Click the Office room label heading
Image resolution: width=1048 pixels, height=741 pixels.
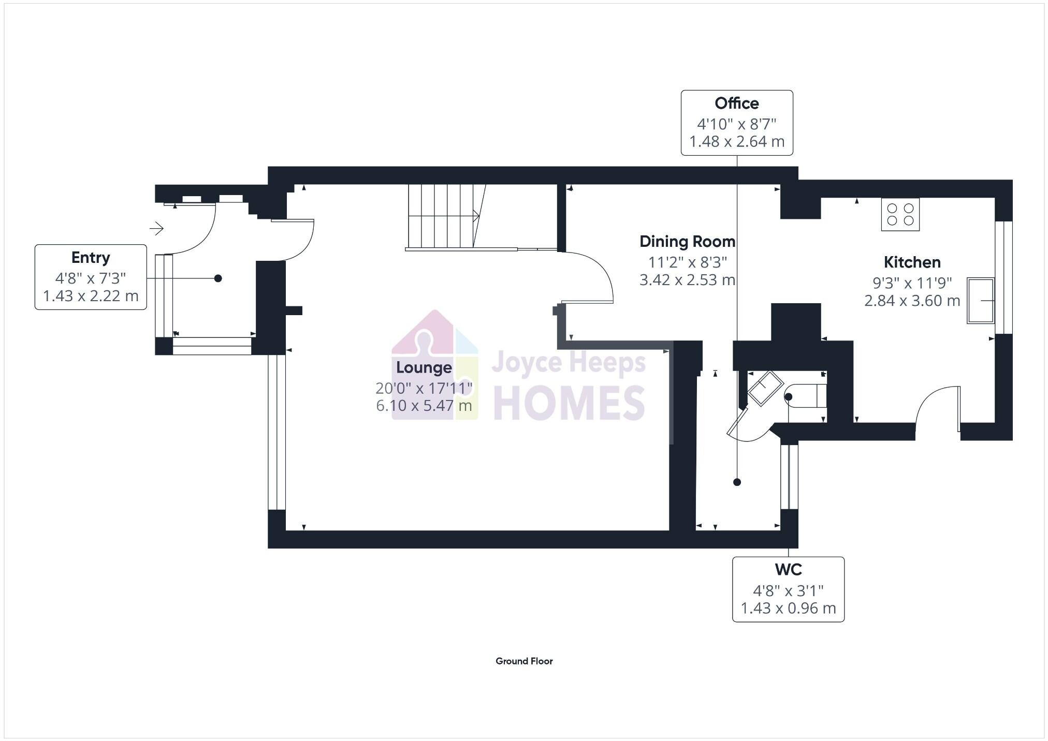tap(736, 103)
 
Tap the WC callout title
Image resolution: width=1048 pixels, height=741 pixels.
tap(788, 570)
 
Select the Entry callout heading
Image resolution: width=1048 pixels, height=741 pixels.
tap(91, 258)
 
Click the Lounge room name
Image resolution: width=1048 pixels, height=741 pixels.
tap(424, 368)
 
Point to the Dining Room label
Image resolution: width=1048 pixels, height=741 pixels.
tap(687, 242)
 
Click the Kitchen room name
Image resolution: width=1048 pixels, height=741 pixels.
tap(912, 262)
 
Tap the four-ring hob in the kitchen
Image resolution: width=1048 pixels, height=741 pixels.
tap(900, 214)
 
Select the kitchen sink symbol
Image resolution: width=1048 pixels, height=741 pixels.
tap(980, 301)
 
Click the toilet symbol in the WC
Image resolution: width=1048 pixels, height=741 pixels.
tap(806, 396)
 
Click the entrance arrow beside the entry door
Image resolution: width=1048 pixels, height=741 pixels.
tap(157, 228)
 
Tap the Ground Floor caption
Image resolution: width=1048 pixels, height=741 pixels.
tap(524, 661)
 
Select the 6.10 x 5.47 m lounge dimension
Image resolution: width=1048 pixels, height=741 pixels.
tap(424, 406)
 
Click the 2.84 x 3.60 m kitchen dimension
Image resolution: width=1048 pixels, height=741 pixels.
tap(912, 301)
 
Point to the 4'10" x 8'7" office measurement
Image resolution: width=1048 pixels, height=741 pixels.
tap(736, 124)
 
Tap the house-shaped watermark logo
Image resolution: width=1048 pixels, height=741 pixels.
tap(434, 365)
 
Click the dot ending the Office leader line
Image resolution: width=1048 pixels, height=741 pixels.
tap(737, 482)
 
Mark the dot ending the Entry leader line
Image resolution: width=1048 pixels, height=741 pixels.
tap(218, 278)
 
